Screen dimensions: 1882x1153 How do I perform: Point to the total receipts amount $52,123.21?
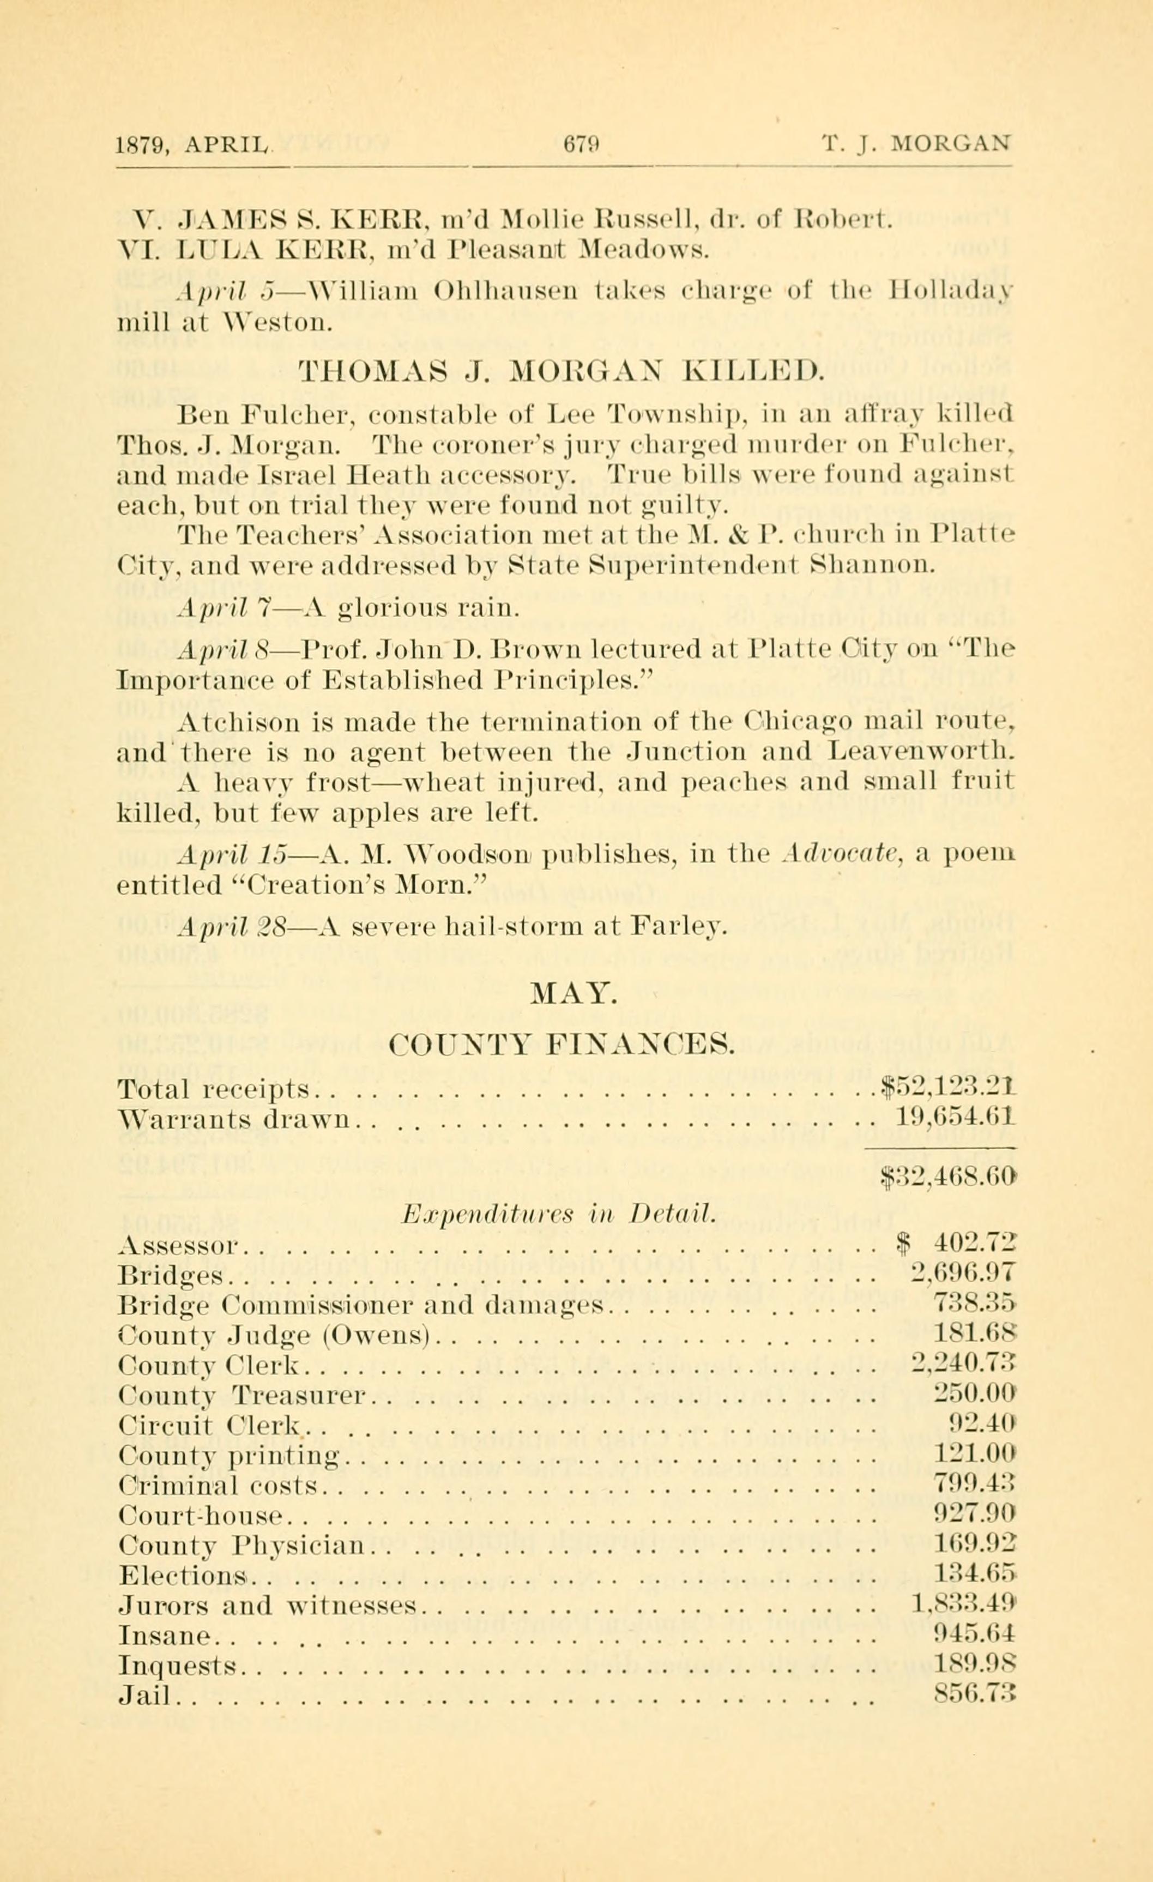click(947, 1087)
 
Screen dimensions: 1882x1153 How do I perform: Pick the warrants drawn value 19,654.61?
click(953, 1119)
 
